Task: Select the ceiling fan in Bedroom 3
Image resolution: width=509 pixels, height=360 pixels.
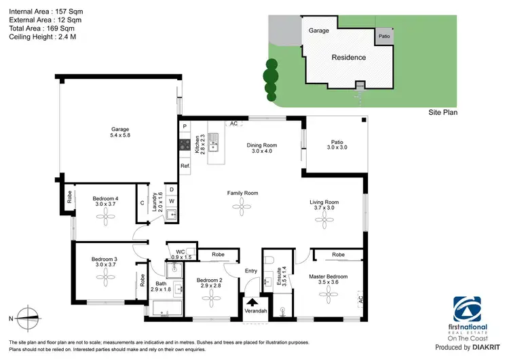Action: [x=105, y=276]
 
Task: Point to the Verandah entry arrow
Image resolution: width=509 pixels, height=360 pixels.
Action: [x=252, y=303]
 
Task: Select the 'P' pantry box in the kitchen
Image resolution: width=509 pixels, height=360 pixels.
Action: [x=184, y=126]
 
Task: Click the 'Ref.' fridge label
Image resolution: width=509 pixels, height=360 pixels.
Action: [x=184, y=166]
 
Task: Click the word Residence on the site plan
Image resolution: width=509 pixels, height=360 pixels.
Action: [x=348, y=58]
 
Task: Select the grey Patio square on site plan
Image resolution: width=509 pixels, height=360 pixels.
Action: [x=384, y=36]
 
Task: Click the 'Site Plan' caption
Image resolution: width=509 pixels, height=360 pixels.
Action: [x=442, y=112]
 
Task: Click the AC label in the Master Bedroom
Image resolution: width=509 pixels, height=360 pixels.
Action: [x=360, y=298]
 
